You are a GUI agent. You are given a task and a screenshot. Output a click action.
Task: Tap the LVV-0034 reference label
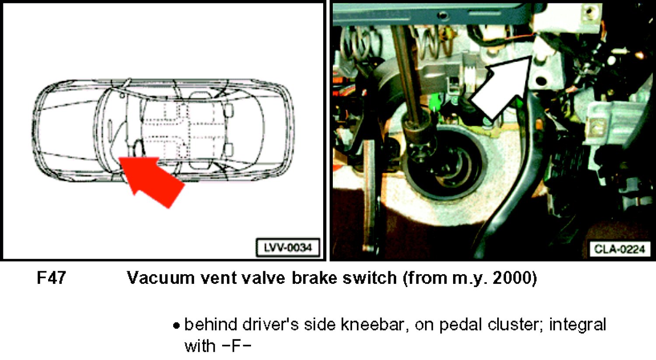click(x=288, y=248)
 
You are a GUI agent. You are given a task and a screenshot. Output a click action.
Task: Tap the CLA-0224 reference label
click(x=619, y=249)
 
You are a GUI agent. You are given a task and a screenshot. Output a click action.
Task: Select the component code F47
click(x=51, y=278)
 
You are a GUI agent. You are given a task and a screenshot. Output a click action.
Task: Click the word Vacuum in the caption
click(x=161, y=278)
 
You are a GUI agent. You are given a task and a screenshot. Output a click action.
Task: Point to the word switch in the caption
click(x=370, y=277)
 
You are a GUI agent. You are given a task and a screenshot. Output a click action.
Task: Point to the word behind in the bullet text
click(x=211, y=325)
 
